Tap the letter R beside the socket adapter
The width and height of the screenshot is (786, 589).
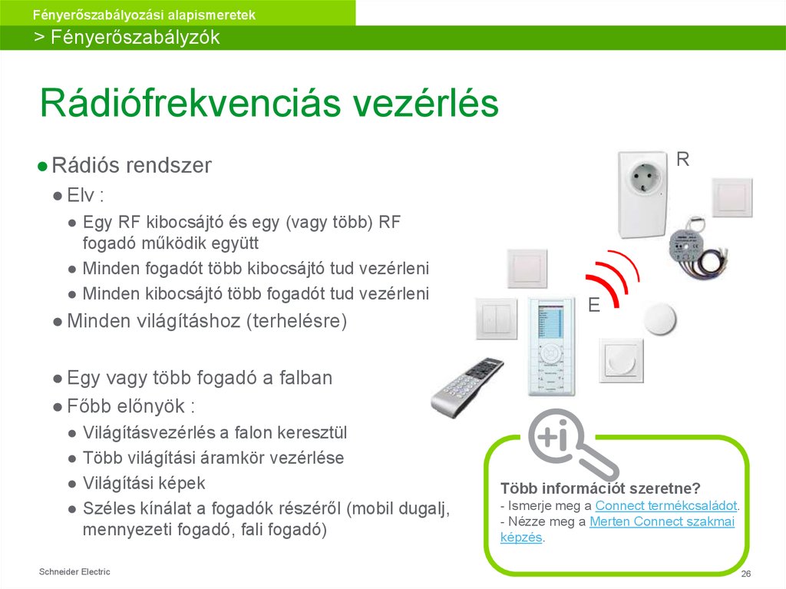coord(682,160)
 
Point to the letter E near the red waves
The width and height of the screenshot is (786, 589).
coord(593,306)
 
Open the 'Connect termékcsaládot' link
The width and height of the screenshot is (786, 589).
coord(665,505)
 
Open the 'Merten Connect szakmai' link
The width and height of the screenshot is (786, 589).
coord(662,522)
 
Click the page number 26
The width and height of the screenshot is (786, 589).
coord(745,575)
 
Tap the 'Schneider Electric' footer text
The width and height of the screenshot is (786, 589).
coord(74,572)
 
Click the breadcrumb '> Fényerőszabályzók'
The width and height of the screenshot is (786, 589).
coord(127,38)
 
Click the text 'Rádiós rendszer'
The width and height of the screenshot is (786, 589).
coord(131,166)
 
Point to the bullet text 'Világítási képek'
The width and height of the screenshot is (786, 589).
coord(144,483)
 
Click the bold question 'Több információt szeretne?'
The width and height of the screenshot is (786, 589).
coord(600,488)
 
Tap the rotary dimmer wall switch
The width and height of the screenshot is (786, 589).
coord(621,361)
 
